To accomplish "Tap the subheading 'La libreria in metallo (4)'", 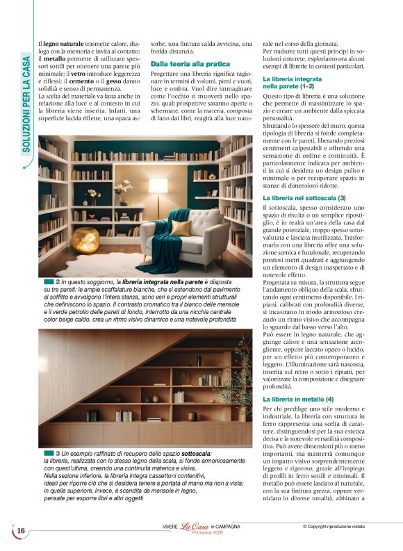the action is (x=298, y=400).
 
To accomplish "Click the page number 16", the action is (x=21, y=532).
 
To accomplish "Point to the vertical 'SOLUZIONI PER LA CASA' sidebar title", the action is (x=26, y=104).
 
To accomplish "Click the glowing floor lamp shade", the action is (x=158, y=190).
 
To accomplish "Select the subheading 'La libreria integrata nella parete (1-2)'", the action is (x=292, y=84).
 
